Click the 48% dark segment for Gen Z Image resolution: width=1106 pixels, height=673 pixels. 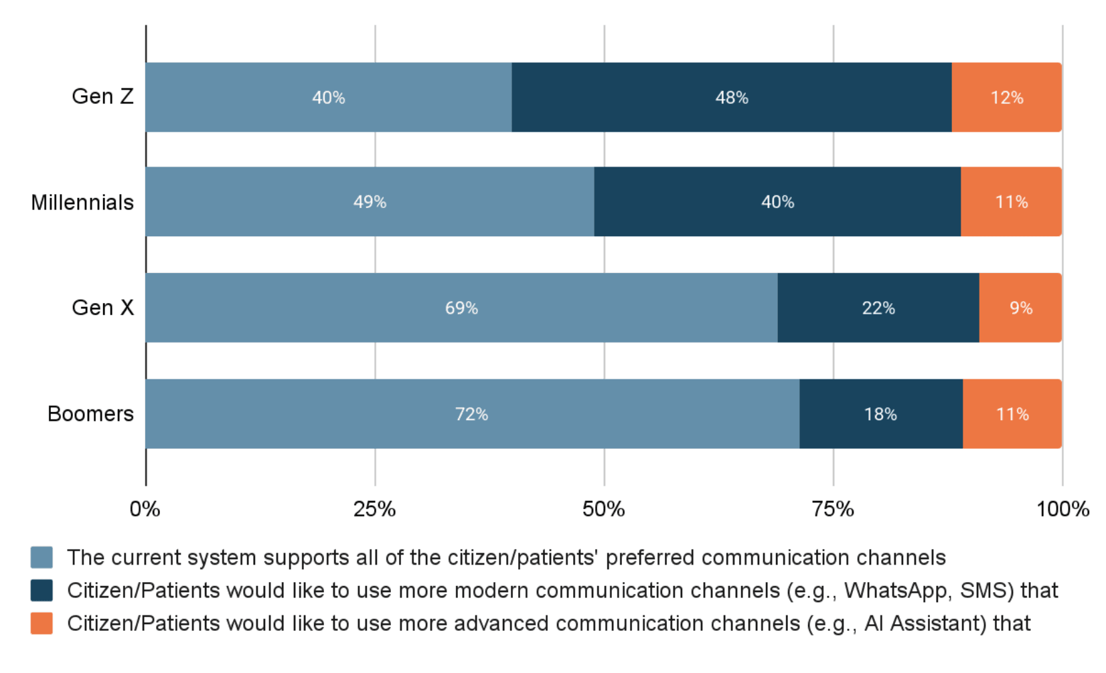(x=731, y=98)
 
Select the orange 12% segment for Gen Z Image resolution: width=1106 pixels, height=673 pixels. (x=1006, y=98)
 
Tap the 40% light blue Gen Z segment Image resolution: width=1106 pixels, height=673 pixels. (x=328, y=98)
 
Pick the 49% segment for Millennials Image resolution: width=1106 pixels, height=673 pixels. (x=370, y=202)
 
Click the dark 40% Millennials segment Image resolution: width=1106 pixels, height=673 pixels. (x=777, y=202)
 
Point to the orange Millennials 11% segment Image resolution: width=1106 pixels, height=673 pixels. (x=1011, y=202)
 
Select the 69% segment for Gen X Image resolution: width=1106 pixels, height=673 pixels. (x=461, y=308)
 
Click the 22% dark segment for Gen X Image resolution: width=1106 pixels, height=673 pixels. (x=878, y=308)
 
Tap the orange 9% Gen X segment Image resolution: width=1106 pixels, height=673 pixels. (x=1020, y=308)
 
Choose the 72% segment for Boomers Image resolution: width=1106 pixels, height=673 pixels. (x=471, y=414)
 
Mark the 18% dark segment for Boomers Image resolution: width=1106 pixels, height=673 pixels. (x=880, y=414)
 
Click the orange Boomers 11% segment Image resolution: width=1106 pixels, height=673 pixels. (x=1012, y=414)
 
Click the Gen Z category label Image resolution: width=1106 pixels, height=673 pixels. (x=102, y=97)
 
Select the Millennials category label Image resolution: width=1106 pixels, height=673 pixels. (x=82, y=202)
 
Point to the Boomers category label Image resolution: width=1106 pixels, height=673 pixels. (x=90, y=414)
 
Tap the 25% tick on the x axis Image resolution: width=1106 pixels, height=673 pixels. (x=374, y=510)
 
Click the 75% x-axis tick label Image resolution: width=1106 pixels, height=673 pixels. (x=833, y=510)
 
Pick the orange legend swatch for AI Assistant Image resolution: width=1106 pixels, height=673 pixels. (x=42, y=623)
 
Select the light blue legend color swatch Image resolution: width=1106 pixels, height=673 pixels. (x=42, y=557)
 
